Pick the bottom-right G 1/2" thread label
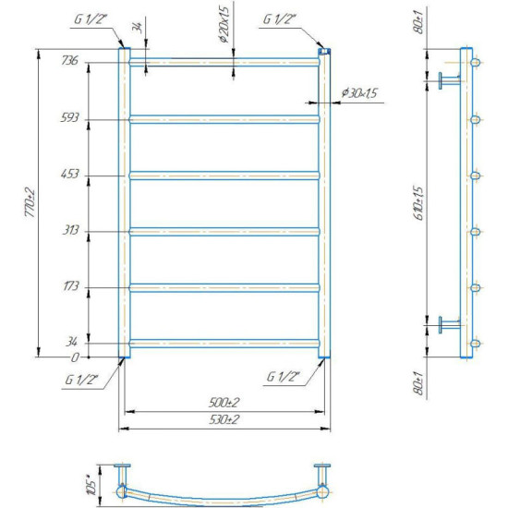[x=284, y=378]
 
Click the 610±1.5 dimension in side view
[x=417, y=201]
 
